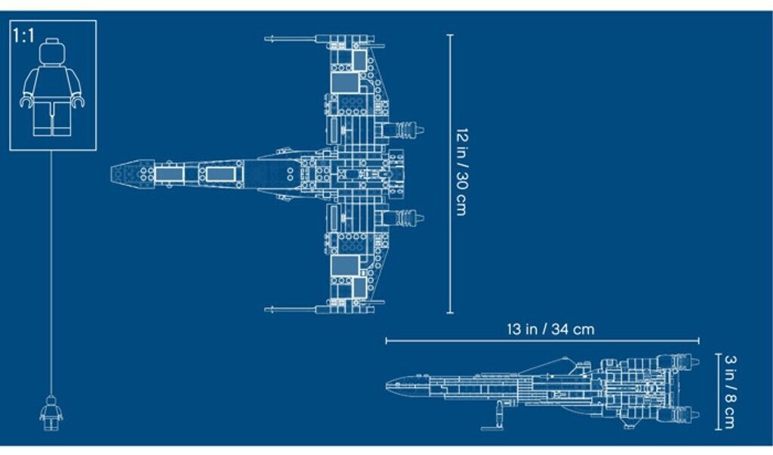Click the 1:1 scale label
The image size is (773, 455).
click(23, 36)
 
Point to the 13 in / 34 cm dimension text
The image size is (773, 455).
click(550, 329)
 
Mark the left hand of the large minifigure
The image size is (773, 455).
click(25, 101)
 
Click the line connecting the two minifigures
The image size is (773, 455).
click(51, 272)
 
